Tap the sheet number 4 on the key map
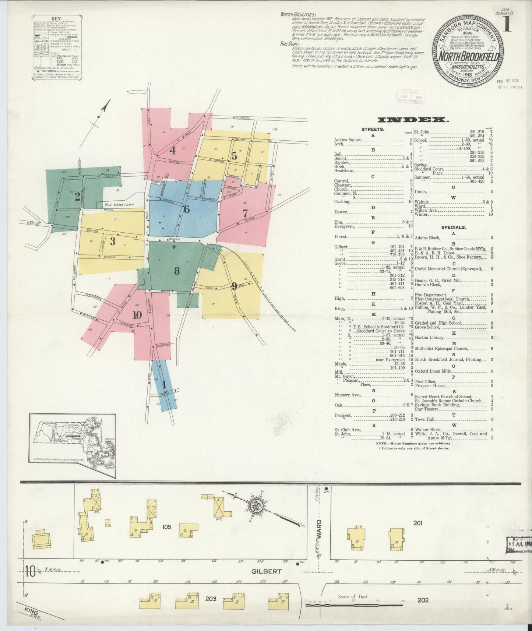[172, 150]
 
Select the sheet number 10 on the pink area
[137, 315]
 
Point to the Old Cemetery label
[118, 204]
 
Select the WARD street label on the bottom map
[319, 528]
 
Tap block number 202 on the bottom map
[423, 600]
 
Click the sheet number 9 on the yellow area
[234, 285]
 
